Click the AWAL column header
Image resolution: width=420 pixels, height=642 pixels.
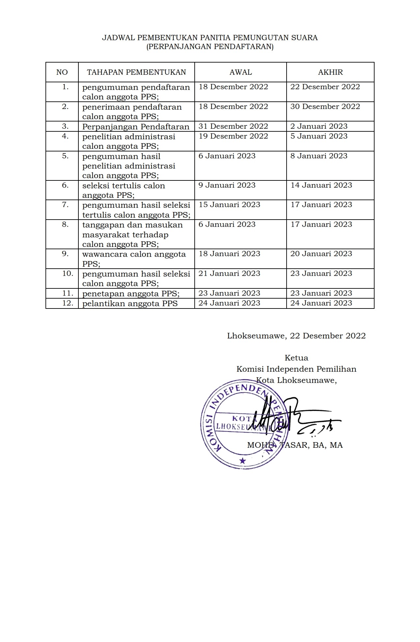(x=240, y=72)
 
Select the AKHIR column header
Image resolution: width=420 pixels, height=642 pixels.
(x=330, y=72)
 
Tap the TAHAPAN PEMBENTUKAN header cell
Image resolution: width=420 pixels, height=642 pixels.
(x=136, y=72)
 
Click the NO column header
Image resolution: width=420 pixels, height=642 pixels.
(x=62, y=72)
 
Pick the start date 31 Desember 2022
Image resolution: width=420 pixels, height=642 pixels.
(x=233, y=126)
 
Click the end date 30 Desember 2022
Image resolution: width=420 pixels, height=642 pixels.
(x=325, y=107)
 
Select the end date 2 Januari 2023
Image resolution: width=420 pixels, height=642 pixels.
(x=319, y=126)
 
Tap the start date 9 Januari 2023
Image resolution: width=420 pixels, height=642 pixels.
(x=227, y=185)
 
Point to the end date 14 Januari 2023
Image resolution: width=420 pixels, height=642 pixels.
(x=321, y=185)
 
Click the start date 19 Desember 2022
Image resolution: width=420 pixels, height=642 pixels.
(x=233, y=136)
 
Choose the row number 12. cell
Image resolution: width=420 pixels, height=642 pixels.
(x=68, y=303)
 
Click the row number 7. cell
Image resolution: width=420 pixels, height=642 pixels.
(x=65, y=205)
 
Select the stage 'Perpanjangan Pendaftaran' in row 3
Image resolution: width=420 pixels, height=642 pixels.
(x=136, y=127)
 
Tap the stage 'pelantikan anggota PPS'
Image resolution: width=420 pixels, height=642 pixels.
(x=130, y=304)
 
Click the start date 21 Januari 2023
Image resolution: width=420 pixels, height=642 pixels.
(x=229, y=274)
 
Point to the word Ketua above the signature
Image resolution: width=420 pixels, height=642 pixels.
(x=296, y=358)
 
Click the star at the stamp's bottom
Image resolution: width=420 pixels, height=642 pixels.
(x=243, y=461)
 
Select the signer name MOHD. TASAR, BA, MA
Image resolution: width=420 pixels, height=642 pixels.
(x=295, y=445)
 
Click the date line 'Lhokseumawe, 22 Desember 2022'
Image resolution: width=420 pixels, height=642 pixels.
(x=296, y=336)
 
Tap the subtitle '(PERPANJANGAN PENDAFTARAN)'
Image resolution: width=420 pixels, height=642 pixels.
(x=210, y=47)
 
